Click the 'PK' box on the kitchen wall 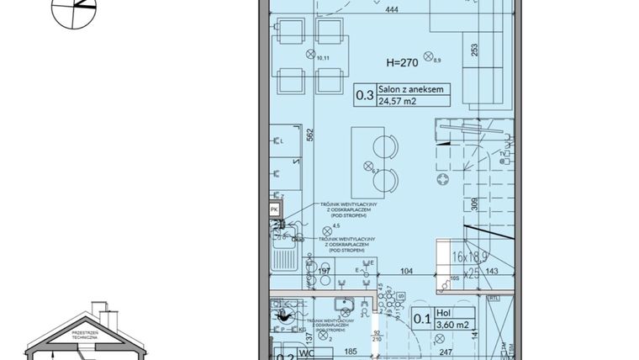[x=274, y=209]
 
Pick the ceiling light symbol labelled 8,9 [x=429, y=56]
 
